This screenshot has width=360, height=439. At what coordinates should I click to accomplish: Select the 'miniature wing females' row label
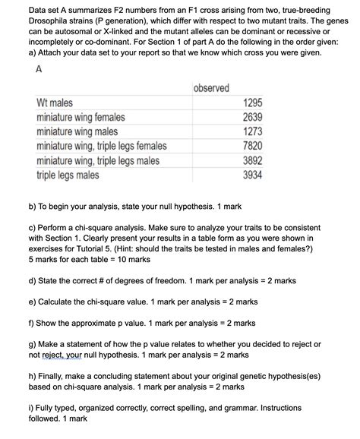[81, 118]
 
